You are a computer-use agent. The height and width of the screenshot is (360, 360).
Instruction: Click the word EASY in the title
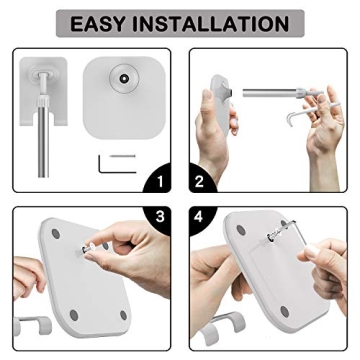click(x=99, y=24)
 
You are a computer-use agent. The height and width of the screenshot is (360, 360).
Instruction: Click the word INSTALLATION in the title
click(x=211, y=24)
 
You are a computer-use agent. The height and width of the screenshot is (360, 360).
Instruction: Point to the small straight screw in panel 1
click(x=123, y=155)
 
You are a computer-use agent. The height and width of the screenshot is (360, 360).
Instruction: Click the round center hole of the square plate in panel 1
click(x=124, y=79)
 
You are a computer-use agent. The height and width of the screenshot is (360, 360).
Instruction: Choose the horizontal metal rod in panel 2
click(x=269, y=92)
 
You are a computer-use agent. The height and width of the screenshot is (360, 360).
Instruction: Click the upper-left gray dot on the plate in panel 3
click(x=56, y=233)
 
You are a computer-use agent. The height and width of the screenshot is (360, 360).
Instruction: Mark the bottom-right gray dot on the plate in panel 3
click(x=123, y=315)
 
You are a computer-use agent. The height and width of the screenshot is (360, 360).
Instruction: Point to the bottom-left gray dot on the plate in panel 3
click(x=74, y=315)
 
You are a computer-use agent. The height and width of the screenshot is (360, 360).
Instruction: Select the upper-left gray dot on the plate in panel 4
click(x=241, y=230)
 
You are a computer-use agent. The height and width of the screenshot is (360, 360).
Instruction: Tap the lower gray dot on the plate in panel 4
click(x=285, y=312)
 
